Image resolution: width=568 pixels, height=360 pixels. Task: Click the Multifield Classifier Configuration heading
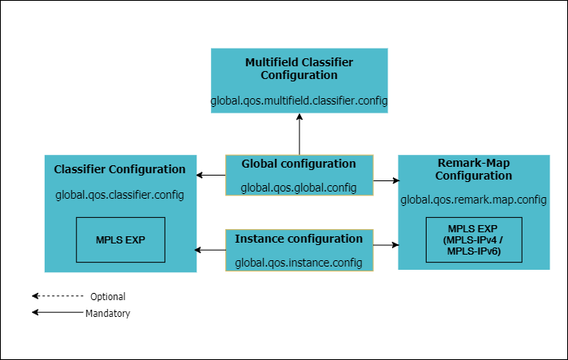pos(299,68)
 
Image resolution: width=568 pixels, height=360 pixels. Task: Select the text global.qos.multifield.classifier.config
pos(299,101)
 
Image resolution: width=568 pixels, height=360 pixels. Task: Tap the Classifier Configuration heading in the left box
pos(120,169)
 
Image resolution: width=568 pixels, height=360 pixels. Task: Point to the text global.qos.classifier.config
pos(120,194)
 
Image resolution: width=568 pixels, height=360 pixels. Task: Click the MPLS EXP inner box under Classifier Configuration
pos(120,239)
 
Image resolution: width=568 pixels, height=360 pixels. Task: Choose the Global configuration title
pos(299,164)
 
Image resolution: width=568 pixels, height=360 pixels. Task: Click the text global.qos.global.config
pos(299,188)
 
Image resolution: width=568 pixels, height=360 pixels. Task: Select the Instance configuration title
pos(299,239)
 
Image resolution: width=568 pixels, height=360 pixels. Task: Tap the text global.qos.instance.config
pos(299,263)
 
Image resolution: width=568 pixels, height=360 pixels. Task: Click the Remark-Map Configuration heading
pos(474,168)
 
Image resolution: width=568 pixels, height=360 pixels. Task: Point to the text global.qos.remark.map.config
pos(474,200)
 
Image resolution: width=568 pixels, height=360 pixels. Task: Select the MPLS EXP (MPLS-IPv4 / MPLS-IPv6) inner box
pos(474,239)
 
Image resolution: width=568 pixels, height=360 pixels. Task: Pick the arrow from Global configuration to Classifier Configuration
pos(211,175)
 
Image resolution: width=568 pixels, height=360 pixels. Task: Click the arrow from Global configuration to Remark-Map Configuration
pos(385,181)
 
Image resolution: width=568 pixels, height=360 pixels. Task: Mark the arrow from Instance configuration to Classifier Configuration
pos(211,250)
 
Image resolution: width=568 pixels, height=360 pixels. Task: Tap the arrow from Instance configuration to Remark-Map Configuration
pos(385,243)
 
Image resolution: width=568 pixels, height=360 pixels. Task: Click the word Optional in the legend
pos(108,297)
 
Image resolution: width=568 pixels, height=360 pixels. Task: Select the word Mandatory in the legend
pos(108,314)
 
